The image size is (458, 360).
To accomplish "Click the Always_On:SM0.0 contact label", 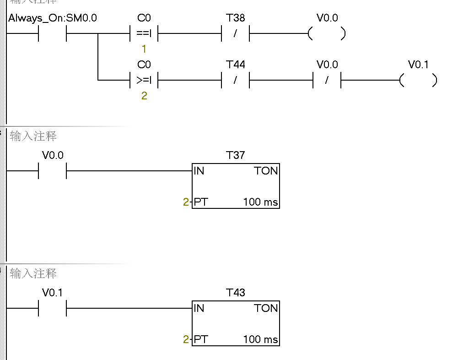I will tap(53, 18).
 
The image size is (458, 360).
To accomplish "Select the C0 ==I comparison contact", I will tap(144, 33).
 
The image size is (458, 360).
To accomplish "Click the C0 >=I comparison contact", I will tap(144, 80).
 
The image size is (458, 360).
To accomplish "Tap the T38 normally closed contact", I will tap(236, 33).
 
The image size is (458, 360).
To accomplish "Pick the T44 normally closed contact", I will tap(236, 80).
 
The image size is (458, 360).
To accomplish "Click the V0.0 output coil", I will tap(327, 34).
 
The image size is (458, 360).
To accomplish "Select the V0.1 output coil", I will tap(418, 81).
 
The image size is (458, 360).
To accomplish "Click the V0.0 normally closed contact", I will tap(327, 80).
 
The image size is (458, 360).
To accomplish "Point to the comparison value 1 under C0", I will tap(144, 49).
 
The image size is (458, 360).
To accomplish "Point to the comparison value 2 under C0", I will tap(144, 96).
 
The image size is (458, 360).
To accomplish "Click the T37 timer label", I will tap(236, 155).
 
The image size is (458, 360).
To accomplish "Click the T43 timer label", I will tap(236, 293).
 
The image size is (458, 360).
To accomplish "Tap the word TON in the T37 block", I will tap(266, 171).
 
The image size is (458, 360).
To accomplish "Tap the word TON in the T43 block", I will tap(266, 308).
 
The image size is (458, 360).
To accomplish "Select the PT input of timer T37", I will tap(201, 202).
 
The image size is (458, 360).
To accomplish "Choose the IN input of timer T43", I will tap(199, 308).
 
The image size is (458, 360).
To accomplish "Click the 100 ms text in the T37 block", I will tap(260, 202).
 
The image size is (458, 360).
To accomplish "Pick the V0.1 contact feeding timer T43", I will tap(53, 309).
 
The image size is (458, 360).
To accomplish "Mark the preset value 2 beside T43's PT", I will tap(186, 339).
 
